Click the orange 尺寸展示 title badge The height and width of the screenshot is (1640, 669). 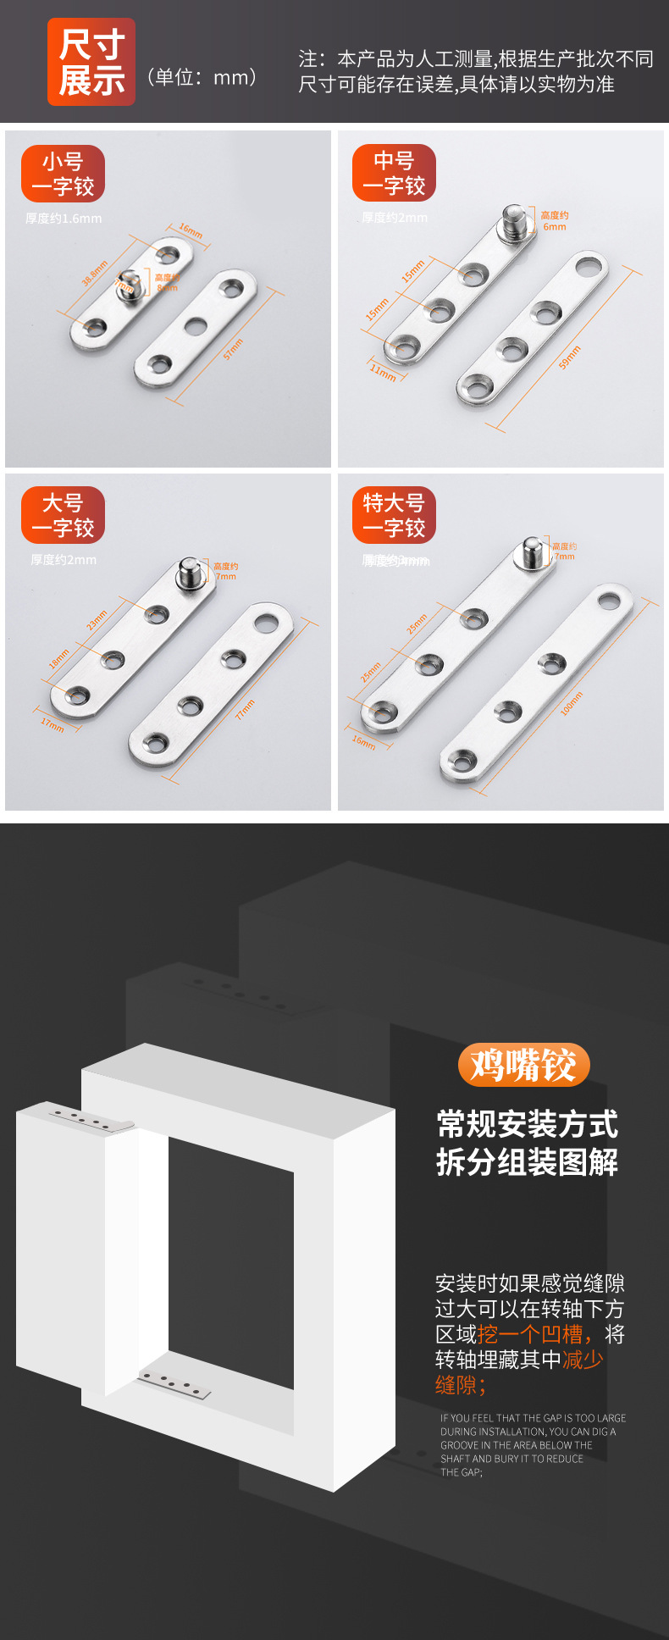click(91, 62)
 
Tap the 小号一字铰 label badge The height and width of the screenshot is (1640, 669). click(63, 174)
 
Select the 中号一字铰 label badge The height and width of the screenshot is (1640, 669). click(394, 173)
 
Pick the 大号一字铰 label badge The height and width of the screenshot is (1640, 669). click(63, 515)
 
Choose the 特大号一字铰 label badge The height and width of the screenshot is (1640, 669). click(394, 515)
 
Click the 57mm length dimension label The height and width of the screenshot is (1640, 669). click(234, 349)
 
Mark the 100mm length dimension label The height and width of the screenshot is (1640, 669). click(572, 704)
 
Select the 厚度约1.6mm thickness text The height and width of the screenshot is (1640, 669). click(64, 219)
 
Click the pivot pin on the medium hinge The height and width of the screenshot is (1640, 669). click(513, 219)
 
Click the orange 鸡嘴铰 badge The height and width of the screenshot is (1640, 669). click(523, 1065)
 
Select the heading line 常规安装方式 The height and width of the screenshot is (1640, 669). click(527, 1124)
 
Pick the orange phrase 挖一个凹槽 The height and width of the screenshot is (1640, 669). click(530, 1334)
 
